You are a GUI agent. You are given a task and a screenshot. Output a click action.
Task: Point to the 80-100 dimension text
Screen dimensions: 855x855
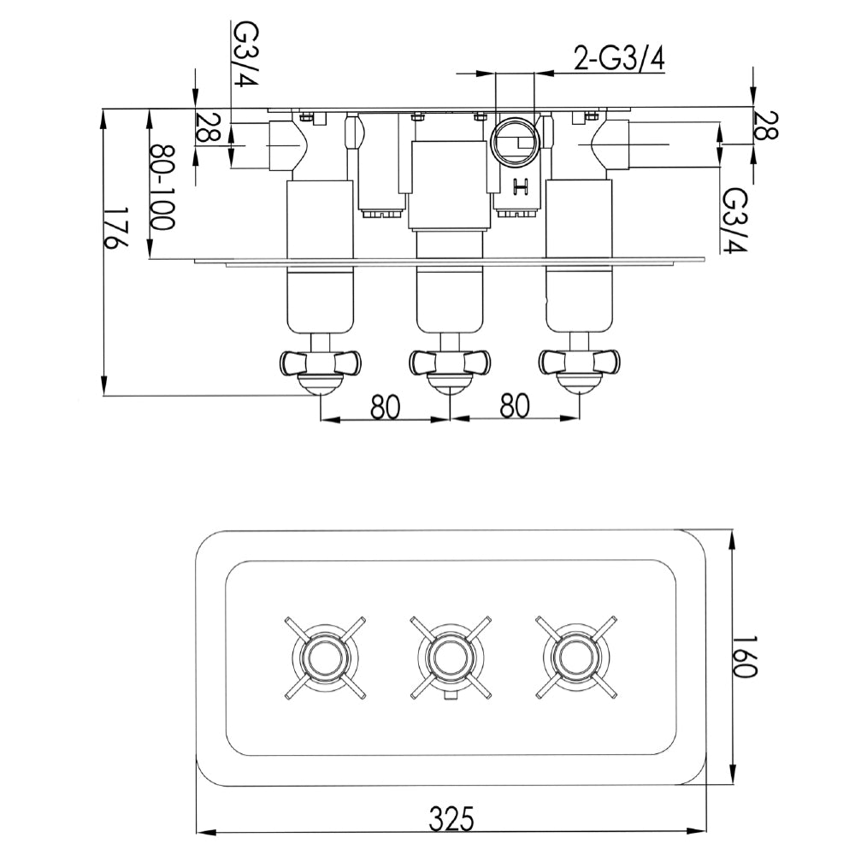coord(162,186)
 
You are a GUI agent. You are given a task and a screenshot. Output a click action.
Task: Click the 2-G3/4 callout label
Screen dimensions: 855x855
coord(618,60)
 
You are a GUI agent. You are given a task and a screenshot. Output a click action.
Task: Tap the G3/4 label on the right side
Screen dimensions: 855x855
coord(734,221)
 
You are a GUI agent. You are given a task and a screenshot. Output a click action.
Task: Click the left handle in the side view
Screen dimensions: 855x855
coord(321,363)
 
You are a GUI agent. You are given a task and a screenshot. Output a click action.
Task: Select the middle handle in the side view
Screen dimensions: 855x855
coord(449,363)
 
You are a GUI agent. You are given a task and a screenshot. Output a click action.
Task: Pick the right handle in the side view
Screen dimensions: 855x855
coord(579,363)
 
